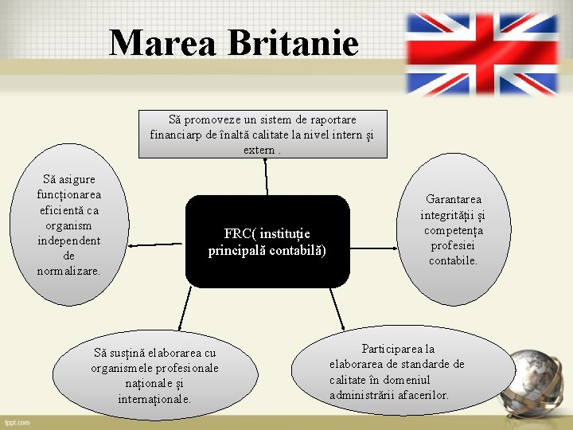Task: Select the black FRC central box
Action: (x=267, y=240)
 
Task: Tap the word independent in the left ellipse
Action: (x=69, y=240)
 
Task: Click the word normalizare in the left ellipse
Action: (x=68, y=271)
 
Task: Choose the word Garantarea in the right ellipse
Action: (x=453, y=199)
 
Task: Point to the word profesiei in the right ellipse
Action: (x=453, y=245)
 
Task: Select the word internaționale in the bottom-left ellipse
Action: (x=154, y=398)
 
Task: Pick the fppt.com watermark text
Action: (x=17, y=422)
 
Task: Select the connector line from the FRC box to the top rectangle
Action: (x=267, y=176)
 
